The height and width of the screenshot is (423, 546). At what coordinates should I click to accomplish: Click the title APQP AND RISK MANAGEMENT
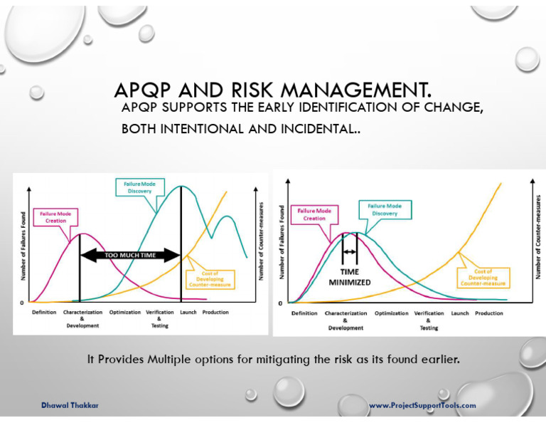273,91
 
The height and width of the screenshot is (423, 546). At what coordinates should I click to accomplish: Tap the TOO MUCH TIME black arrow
130,255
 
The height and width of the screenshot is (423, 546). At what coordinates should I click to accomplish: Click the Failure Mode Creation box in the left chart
55,216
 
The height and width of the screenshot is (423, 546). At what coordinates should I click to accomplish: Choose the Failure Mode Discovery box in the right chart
385,210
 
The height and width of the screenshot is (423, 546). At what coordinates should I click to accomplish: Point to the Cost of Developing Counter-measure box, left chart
205,278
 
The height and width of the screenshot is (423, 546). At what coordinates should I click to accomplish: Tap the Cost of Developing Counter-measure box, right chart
483,278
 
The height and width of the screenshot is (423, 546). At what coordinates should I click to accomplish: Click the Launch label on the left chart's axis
188,313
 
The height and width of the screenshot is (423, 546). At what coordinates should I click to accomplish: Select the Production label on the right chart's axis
489,313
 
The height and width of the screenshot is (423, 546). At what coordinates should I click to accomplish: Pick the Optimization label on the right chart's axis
391,313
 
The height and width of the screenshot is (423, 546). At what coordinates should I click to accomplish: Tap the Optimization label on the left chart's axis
125,313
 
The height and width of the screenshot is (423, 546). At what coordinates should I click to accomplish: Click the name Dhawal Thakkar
70,405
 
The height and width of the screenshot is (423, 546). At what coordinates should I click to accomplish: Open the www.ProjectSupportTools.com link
422,405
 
